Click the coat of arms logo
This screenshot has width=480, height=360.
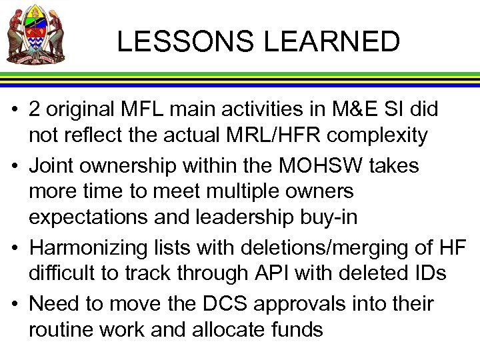[x=37, y=34]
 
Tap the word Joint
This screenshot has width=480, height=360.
[x=53, y=164]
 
